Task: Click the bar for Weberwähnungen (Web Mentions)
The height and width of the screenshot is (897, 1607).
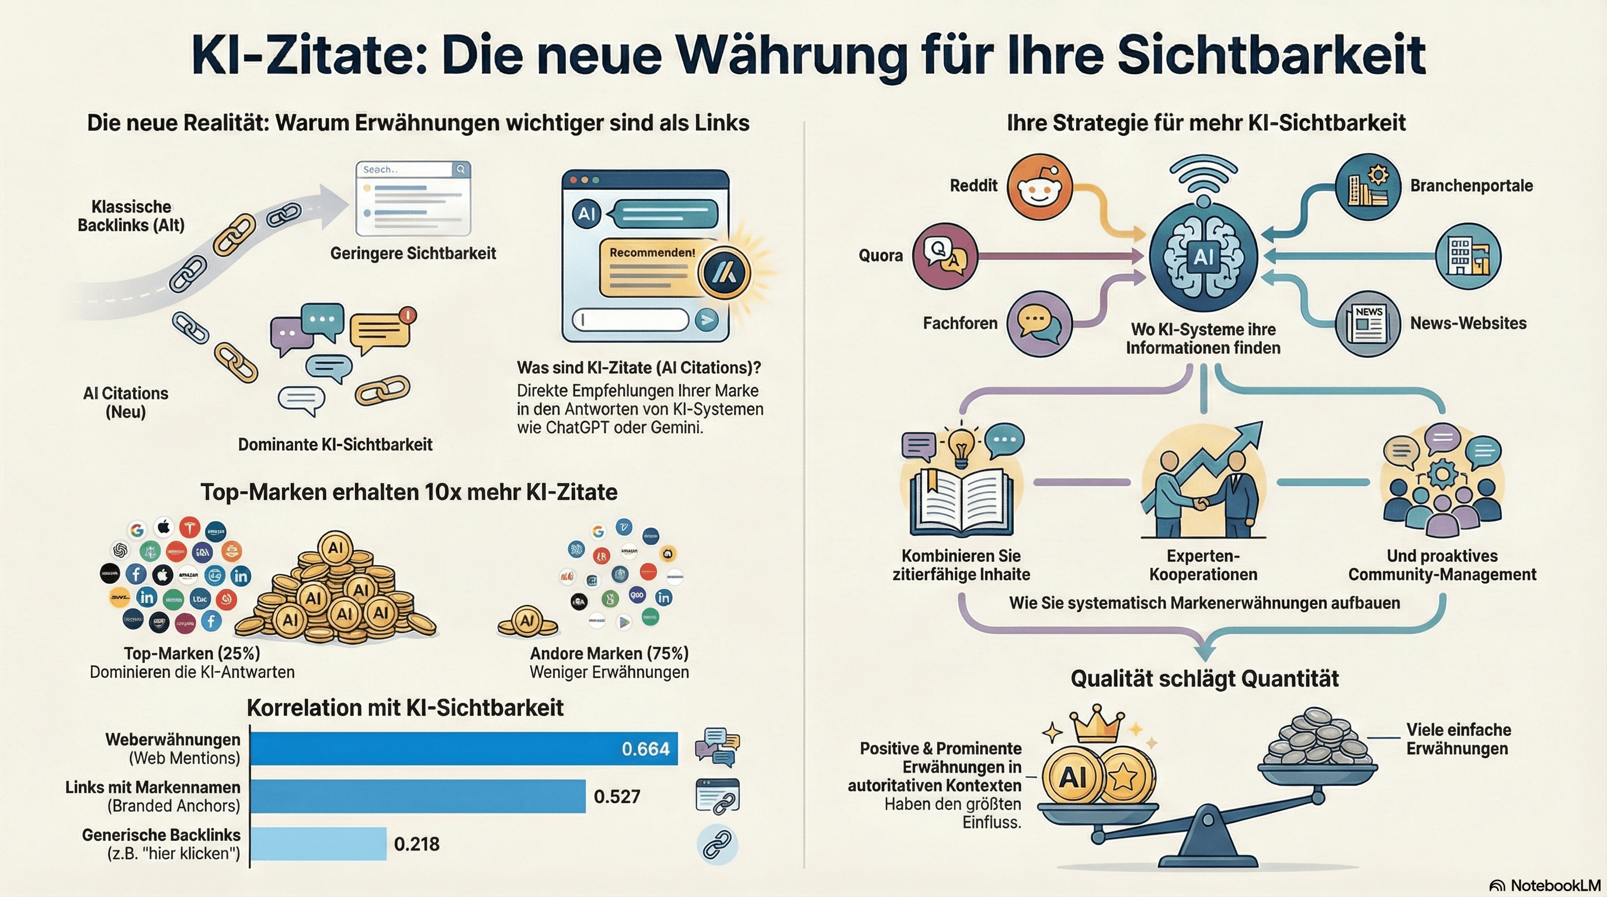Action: coord(463,748)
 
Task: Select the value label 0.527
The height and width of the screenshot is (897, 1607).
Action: coord(617,797)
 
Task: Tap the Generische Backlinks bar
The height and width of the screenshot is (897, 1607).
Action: coord(318,843)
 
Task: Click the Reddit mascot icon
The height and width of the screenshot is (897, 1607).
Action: coord(1039,187)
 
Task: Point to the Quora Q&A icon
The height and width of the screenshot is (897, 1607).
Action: coord(944,256)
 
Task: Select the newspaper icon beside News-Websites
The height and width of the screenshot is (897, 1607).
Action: coord(1368,323)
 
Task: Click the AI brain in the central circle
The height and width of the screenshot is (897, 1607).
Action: coord(1203,256)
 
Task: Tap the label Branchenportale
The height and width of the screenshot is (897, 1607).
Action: coord(1471,186)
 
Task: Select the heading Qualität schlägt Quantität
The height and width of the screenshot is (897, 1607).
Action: coord(1204,678)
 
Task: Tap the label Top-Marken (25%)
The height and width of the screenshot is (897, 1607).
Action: coord(192,653)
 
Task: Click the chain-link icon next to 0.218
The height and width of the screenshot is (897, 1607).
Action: coord(717,844)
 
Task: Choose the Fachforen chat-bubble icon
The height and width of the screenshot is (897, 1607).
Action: coord(1039,323)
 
